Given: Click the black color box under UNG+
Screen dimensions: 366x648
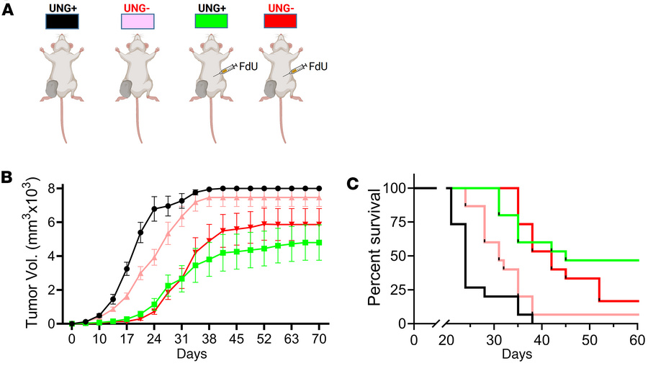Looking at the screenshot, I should [66, 22].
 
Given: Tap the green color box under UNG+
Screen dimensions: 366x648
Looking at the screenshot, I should [212, 22].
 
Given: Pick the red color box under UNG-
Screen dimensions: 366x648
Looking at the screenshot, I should [284, 22].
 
